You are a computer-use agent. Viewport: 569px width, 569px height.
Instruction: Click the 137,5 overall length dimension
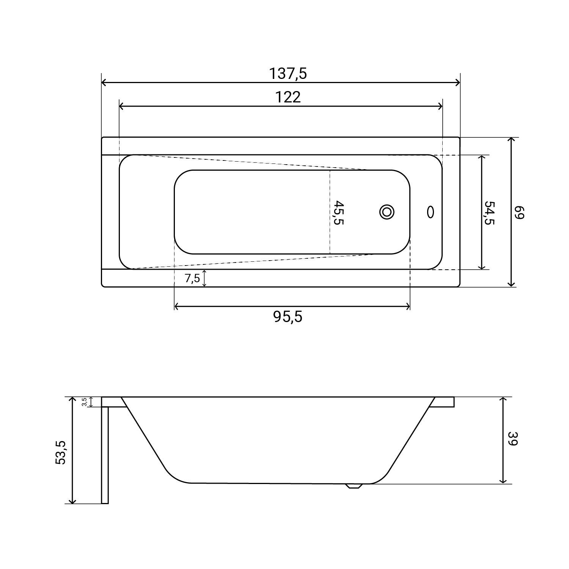tap(288, 74)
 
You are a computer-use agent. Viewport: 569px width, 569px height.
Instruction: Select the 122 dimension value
tap(288, 97)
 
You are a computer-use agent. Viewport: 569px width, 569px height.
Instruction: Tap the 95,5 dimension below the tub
tap(288, 316)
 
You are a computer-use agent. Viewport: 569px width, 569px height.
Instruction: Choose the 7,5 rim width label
tap(192, 278)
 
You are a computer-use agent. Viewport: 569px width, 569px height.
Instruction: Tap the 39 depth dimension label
tap(512, 439)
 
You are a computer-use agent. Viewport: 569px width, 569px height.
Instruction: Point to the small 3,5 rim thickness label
tap(84, 402)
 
